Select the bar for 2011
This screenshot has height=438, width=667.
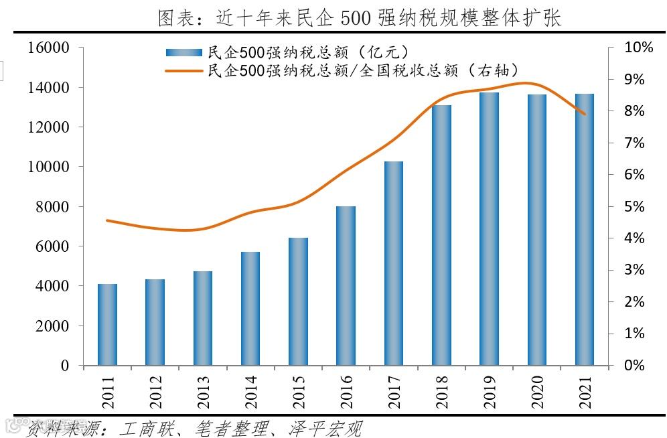[x=107, y=325]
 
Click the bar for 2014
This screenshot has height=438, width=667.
[x=250, y=309]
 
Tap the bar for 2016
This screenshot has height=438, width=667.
[x=346, y=286]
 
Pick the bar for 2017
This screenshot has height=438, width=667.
[x=393, y=263]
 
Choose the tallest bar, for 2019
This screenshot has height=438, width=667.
[x=489, y=229]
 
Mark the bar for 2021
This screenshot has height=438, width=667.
[x=584, y=230]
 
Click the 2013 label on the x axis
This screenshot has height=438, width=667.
[x=203, y=392]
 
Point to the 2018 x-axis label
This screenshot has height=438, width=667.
[x=441, y=392]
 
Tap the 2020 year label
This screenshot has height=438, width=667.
[x=537, y=392]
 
